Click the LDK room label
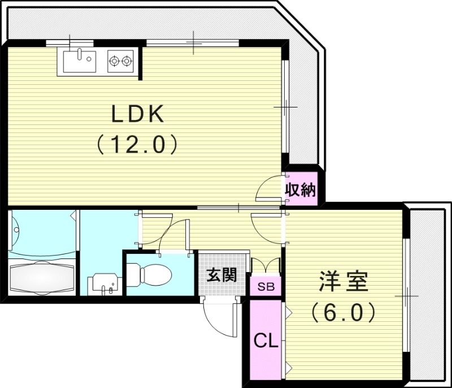[x=137, y=115]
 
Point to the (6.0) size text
[x=343, y=312]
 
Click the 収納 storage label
[x=299, y=190]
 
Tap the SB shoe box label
[x=266, y=287]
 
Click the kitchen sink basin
[x=79, y=59]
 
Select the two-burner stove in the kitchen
[x=121, y=60]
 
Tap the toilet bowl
[x=153, y=275]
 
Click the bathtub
[x=42, y=277]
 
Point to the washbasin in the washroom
[x=103, y=282]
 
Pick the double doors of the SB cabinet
[x=266, y=265]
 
